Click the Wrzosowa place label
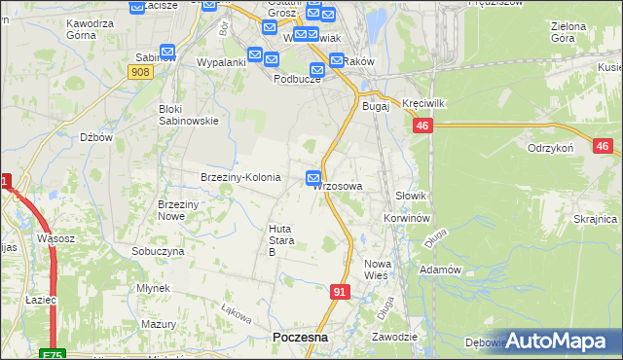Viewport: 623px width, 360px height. point(340,186)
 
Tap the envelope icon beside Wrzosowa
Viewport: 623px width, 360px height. point(313,178)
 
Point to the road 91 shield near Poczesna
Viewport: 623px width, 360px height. point(339,291)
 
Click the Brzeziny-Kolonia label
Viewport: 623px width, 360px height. point(240,178)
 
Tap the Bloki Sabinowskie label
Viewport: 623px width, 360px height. point(189,115)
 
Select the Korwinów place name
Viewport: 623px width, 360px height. point(407,219)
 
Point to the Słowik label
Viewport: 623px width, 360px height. point(411,196)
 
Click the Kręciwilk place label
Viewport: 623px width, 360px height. point(422,103)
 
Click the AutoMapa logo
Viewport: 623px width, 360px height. point(558,341)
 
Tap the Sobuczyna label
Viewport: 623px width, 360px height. point(158,250)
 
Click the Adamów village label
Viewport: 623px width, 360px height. point(438,269)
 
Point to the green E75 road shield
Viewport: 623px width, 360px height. point(53,354)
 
